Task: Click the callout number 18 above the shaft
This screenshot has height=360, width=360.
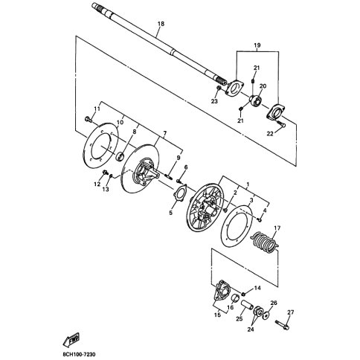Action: click(x=161, y=24)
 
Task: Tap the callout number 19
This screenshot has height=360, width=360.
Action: click(x=257, y=45)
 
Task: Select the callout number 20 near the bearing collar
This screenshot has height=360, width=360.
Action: click(x=263, y=86)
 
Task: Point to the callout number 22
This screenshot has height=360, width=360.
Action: click(x=270, y=134)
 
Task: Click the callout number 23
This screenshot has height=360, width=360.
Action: click(x=214, y=101)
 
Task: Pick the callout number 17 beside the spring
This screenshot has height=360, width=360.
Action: click(x=277, y=228)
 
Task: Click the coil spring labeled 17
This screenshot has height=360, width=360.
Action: click(x=264, y=242)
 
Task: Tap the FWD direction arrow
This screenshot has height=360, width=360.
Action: click(x=71, y=340)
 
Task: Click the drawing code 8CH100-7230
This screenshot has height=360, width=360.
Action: click(x=77, y=355)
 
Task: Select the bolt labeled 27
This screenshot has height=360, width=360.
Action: click(x=282, y=325)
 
